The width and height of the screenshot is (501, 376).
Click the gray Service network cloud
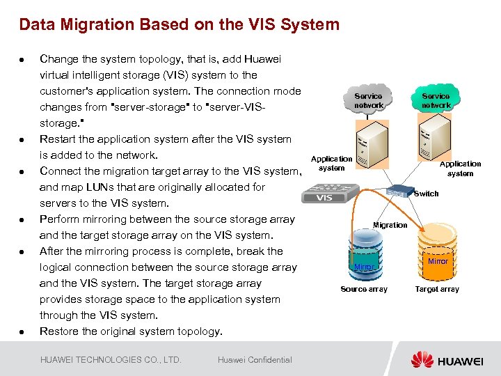coord(368,101)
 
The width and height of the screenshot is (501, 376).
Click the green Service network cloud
coord(436,101)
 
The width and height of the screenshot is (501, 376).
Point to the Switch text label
coord(426,194)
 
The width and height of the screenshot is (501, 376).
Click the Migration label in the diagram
coord(390,225)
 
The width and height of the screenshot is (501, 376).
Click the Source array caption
coord(363,289)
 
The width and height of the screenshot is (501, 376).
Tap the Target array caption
coord(437,289)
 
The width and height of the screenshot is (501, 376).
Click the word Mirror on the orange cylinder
coord(438,261)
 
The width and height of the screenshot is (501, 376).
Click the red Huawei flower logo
coord(422,359)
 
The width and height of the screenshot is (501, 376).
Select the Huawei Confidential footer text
coord(255,360)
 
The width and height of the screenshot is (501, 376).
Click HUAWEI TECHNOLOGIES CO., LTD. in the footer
coord(111,360)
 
